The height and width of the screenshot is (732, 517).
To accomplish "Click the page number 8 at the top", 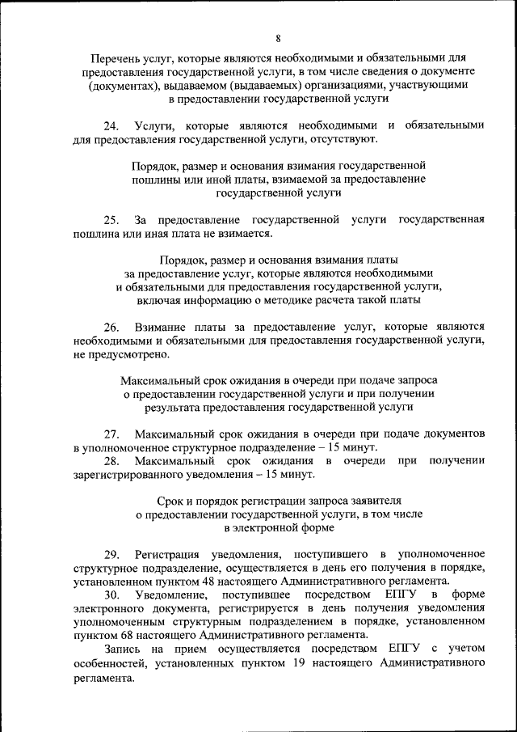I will [x=277, y=38].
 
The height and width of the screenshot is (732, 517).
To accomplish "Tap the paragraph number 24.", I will [x=111, y=125].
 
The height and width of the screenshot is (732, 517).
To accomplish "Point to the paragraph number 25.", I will [x=111, y=220].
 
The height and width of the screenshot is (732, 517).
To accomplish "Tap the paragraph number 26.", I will [x=111, y=327].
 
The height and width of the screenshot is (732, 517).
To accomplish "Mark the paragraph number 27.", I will [x=111, y=434].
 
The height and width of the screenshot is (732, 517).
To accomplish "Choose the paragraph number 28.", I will [x=111, y=461].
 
